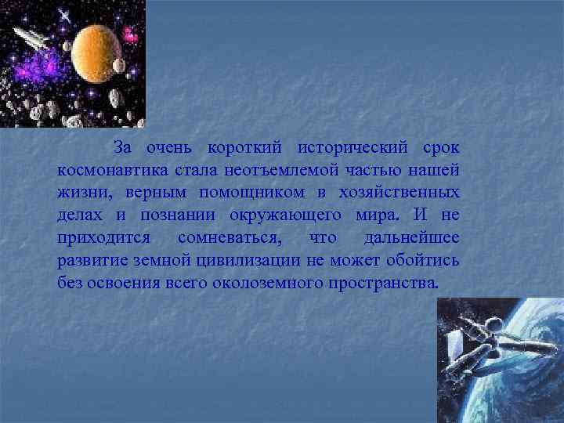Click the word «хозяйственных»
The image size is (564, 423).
(x=400, y=192)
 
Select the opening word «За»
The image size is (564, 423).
(x=123, y=148)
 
